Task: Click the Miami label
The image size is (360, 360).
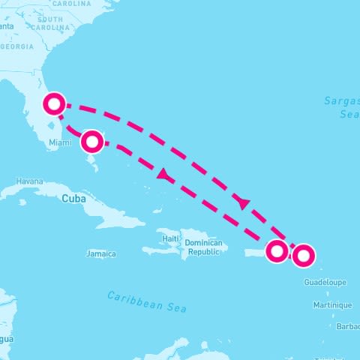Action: (x=60, y=142)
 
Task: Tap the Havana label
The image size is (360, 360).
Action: (x=30, y=181)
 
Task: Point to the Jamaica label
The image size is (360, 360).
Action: (x=101, y=253)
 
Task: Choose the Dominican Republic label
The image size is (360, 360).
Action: (x=204, y=247)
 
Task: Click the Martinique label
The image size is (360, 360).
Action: (x=333, y=304)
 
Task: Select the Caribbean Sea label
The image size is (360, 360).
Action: (x=147, y=301)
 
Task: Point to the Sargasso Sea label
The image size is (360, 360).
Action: (x=342, y=107)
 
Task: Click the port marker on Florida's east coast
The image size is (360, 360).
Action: (x=53, y=103)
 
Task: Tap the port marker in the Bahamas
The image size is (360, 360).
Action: (x=92, y=141)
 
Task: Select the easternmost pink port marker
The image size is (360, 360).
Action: (x=303, y=256)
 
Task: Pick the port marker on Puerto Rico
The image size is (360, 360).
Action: (x=277, y=250)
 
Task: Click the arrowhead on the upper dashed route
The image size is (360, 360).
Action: (x=242, y=202)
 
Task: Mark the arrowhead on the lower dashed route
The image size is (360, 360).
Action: (x=161, y=175)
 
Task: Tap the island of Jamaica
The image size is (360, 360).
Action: (x=101, y=244)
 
